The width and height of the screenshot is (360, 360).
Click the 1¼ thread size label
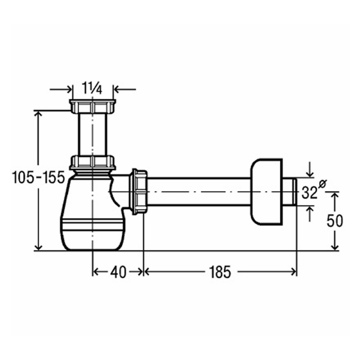tap(92, 89)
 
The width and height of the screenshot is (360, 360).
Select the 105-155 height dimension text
tap(38, 177)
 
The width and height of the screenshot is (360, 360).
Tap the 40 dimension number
tap(118, 272)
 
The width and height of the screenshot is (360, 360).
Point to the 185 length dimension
tap(220, 272)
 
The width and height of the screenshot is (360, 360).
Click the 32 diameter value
tap(310, 192)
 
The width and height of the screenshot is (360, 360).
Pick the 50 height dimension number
tap(335, 221)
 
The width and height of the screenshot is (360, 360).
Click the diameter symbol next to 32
tap(322, 184)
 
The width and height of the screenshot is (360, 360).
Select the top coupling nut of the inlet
tap(93, 107)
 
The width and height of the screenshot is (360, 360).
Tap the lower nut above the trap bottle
tap(93, 162)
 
